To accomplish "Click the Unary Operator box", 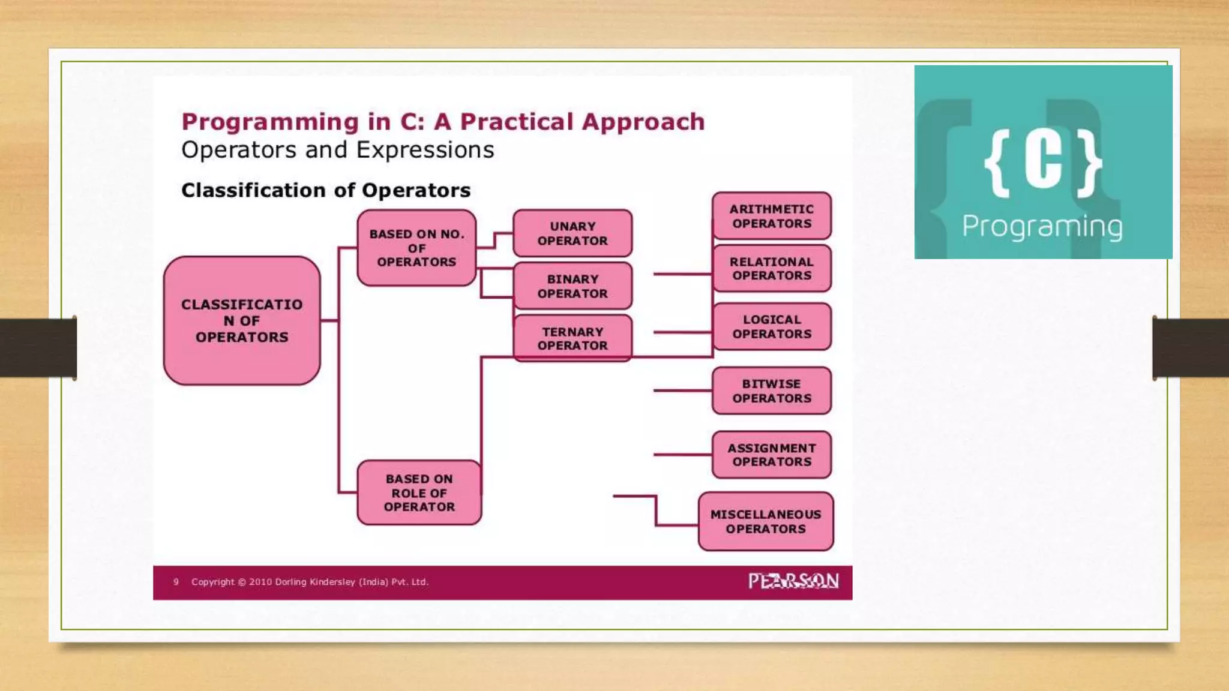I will (572, 233).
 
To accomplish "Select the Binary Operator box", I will (572, 286).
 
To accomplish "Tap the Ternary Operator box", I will (572, 338).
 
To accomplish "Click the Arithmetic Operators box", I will (772, 216).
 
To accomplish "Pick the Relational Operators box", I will (772, 269).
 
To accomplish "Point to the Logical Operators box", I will (772, 327).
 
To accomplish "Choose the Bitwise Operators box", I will (772, 391).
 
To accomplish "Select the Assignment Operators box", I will (772, 455).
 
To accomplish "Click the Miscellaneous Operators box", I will (766, 521).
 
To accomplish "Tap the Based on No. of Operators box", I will (416, 248).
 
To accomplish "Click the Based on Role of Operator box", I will (419, 492).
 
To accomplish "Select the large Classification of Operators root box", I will (242, 321).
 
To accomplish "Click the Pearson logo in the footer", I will (793, 581).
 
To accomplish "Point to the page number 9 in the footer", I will (176, 582).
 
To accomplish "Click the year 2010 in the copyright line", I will (260, 582).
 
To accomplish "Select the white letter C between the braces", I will (1044, 161).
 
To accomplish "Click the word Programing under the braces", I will (1042, 227).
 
